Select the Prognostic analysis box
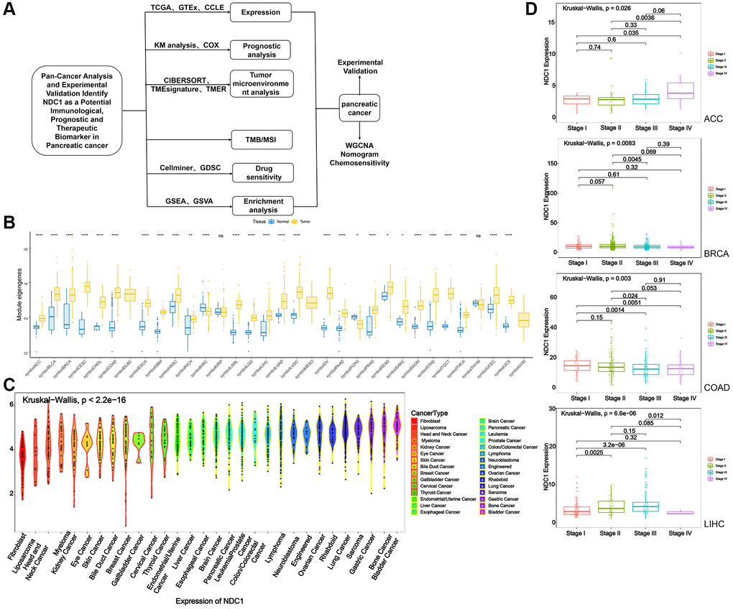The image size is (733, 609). pos(261,50)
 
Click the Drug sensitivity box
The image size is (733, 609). pos(261,172)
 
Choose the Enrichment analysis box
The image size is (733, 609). pos(261,205)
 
